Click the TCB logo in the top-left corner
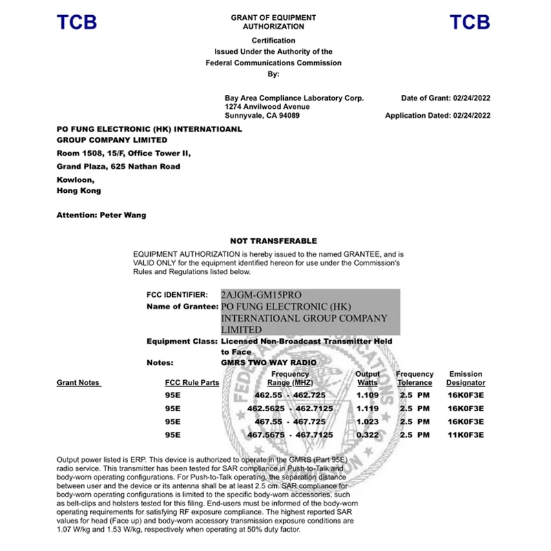[x=76, y=22]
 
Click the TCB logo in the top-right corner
[x=470, y=22]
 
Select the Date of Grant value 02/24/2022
[x=471, y=98]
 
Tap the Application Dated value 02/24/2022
[x=471, y=116]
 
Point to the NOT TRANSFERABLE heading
[x=273, y=241]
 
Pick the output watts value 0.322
[x=367, y=435]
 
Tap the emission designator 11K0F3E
[x=466, y=435]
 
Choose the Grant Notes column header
[x=79, y=382]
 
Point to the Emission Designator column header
[x=466, y=378]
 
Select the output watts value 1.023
[x=367, y=422]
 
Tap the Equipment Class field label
[x=182, y=341]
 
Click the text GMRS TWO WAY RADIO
[x=268, y=362]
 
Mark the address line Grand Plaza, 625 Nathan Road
[x=118, y=166]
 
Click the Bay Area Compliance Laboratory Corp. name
[x=294, y=98]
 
